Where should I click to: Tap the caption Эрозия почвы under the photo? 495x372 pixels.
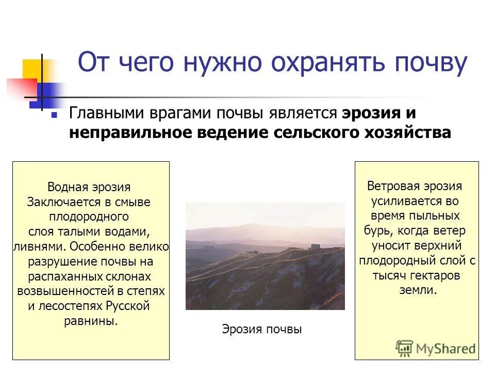coord(261,329)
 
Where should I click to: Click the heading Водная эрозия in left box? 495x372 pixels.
coord(89,187)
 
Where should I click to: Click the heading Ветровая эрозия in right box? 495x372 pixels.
coord(415,186)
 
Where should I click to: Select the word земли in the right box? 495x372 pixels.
coord(417,290)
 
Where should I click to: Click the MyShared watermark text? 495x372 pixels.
coord(445,349)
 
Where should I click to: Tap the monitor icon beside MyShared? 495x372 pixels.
coord(405,348)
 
